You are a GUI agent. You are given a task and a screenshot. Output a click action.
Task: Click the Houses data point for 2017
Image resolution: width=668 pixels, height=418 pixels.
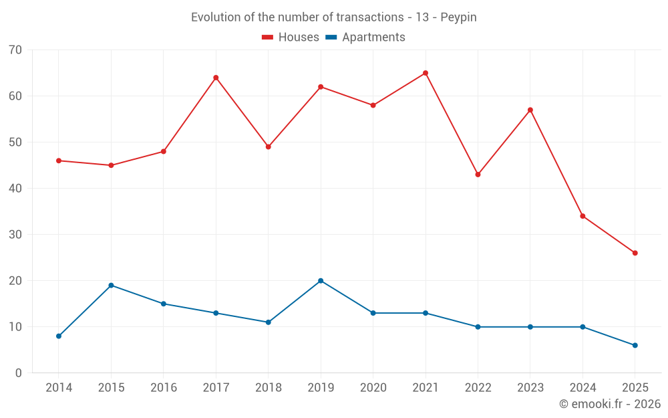(x=216, y=78)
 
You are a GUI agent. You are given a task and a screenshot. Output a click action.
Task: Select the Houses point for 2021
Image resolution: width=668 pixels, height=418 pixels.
(x=426, y=73)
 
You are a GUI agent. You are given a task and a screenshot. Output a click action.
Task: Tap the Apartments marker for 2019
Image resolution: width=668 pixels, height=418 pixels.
(x=321, y=281)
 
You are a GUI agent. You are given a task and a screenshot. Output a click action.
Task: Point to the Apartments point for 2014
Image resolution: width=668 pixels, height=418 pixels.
(x=59, y=336)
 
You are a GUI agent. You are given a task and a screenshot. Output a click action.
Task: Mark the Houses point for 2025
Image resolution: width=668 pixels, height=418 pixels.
(x=635, y=253)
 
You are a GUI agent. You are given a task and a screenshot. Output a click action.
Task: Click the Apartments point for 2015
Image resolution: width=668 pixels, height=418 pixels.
(x=111, y=286)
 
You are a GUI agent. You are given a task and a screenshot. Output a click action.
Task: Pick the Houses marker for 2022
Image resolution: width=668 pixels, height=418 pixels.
(x=478, y=175)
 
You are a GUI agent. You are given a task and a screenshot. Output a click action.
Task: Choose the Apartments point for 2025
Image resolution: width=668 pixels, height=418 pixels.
(x=635, y=345)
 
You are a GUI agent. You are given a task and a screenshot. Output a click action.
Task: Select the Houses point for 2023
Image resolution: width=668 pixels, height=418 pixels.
(x=530, y=110)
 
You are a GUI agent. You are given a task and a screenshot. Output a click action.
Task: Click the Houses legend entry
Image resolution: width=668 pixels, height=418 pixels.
(x=291, y=37)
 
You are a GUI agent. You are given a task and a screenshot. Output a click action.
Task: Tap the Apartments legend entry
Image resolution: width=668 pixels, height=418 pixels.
(x=365, y=37)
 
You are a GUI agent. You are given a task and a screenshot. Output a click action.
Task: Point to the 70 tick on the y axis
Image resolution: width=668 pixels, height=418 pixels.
(x=15, y=50)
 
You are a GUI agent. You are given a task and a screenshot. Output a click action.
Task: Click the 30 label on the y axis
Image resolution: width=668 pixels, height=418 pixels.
(x=15, y=235)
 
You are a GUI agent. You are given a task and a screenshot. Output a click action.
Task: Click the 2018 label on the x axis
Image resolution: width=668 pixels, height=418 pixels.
(x=268, y=388)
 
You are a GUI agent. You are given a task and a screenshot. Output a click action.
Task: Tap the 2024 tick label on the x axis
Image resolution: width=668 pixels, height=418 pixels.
(x=582, y=388)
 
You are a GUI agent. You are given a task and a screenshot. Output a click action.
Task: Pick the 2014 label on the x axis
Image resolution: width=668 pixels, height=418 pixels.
(x=59, y=388)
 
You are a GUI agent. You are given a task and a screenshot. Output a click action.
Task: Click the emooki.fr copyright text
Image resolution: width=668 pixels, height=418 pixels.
(x=610, y=404)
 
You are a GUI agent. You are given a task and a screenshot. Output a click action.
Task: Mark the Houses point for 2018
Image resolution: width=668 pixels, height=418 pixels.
(x=268, y=146)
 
